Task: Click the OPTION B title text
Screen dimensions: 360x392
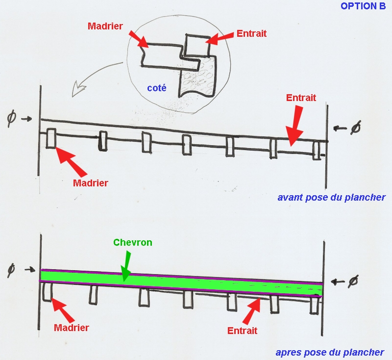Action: pos(363,6)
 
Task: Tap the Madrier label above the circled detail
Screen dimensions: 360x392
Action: pos(105,26)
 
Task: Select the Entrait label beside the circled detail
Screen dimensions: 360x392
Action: pos(251,34)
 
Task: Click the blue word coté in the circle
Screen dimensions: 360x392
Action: pos(157,88)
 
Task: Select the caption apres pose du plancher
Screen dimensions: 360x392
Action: pos(330,352)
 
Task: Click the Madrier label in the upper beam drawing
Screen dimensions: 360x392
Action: pos(90,183)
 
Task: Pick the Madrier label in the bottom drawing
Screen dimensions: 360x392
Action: pos(72,328)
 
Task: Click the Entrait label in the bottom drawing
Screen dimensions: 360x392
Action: pos(243,331)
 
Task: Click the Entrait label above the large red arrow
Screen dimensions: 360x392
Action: pos(301,98)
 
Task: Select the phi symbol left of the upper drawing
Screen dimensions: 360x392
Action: pos(11,119)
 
